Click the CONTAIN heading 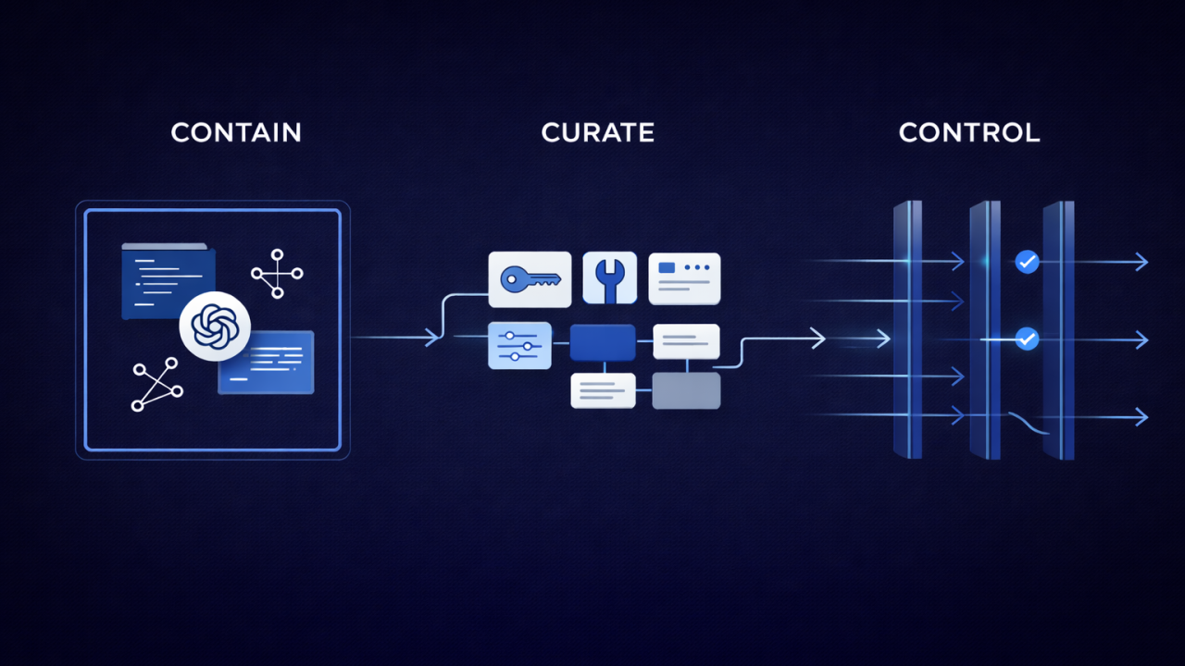[x=236, y=132]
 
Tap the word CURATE [x=598, y=132]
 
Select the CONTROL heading [x=969, y=132]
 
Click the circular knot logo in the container [x=215, y=327]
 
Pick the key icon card [x=530, y=279]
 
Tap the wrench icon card [x=609, y=278]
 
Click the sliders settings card [x=519, y=345]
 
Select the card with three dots [x=684, y=278]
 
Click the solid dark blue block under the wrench [x=603, y=342]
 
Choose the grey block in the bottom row [x=686, y=390]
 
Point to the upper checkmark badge [x=1028, y=262]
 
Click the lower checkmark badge [x=1028, y=339]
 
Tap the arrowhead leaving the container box [x=432, y=338]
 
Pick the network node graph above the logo [x=277, y=274]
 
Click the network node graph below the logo [x=157, y=384]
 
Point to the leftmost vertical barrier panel [x=908, y=330]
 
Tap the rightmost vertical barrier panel [x=1058, y=330]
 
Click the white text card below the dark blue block [x=603, y=390]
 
